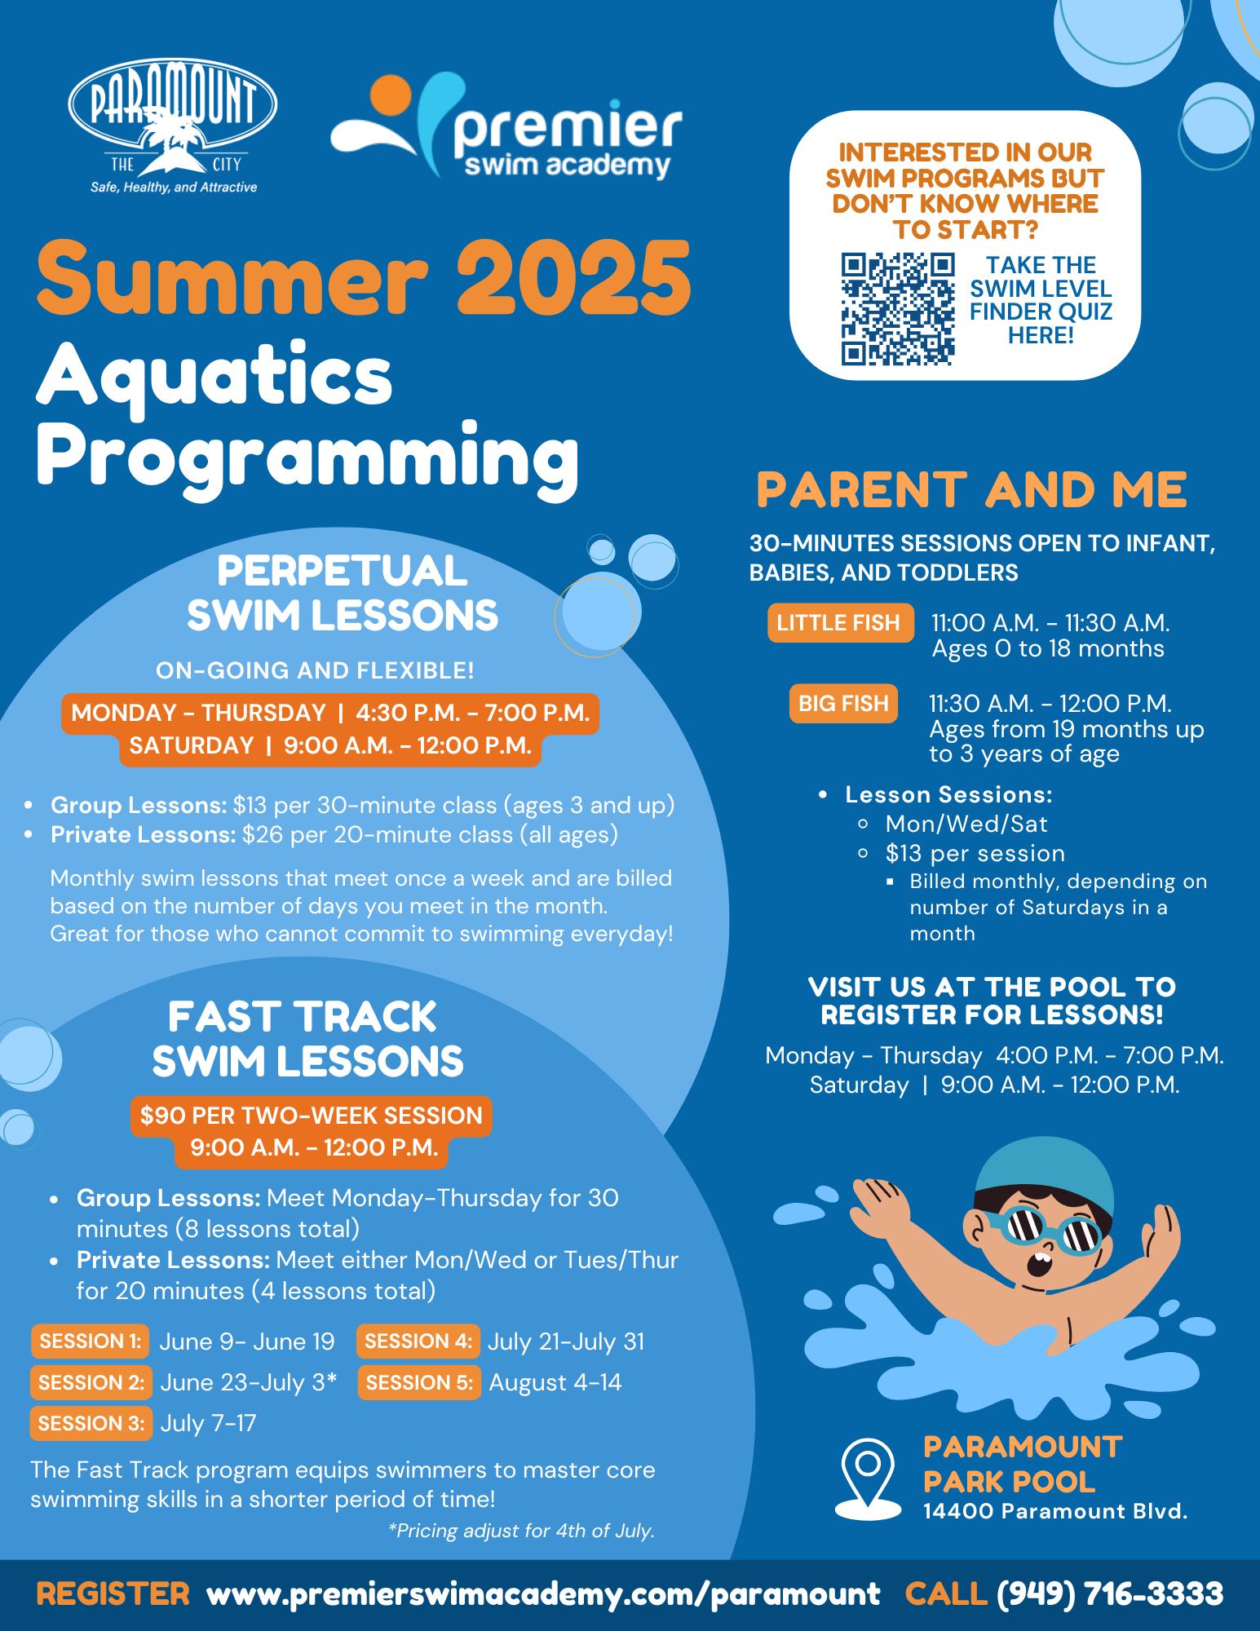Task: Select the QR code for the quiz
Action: [x=897, y=308]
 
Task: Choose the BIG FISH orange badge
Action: [x=843, y=704]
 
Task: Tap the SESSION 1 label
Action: [x=91, y=1341]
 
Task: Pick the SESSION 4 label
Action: [x=418, y=1341]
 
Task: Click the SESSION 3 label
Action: [x=91, y=1423]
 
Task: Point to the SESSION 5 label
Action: [x=419, y=1382]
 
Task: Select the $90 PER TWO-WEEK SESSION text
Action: [x=312, y=1115]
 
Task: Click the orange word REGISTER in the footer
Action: [x=113, y=1593]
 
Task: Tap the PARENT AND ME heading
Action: [x=971, y=489]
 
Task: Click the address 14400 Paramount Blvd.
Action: [x=1055, y=1511]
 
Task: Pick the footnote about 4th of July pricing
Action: [x=523, y=1531]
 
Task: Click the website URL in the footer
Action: [x=544, y=1593]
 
